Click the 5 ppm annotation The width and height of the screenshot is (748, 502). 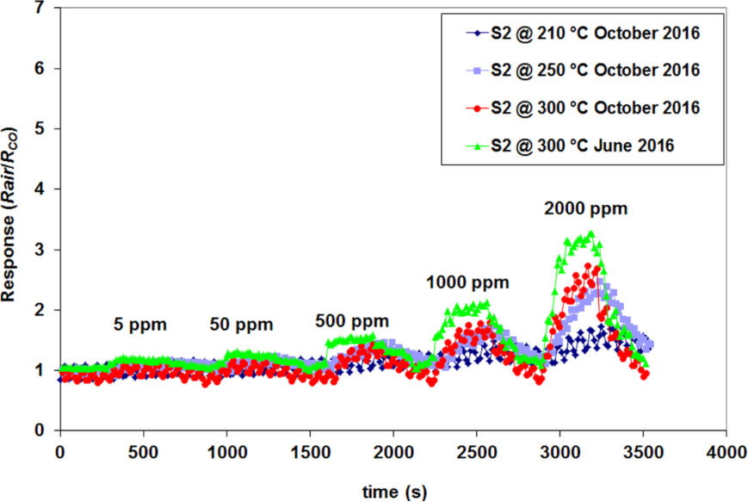click(139, 325)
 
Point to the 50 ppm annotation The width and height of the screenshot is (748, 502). click(240, 325)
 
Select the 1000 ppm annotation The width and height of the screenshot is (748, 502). click(468, 282)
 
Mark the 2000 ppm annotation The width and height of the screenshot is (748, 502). click(584, 208)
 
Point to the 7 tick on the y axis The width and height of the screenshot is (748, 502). click(45, 9)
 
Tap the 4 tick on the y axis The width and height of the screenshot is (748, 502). click(45, 189)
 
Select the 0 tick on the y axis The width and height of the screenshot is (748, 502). click(45, 431)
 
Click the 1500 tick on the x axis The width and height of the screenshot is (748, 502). click(309, 451)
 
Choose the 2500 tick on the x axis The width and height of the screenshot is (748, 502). click(476, 451)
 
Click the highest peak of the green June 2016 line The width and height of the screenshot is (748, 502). click(590, 233)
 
